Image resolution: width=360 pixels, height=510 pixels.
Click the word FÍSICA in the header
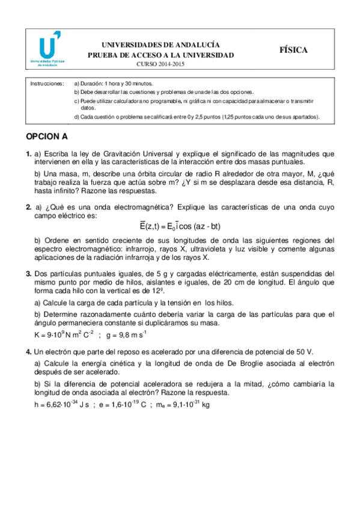click(293, 51)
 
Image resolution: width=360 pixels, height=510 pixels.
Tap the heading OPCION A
click(47, 137)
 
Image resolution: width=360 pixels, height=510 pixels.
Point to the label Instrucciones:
click(47, 84)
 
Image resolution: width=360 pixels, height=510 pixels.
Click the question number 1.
click(28, 155)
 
